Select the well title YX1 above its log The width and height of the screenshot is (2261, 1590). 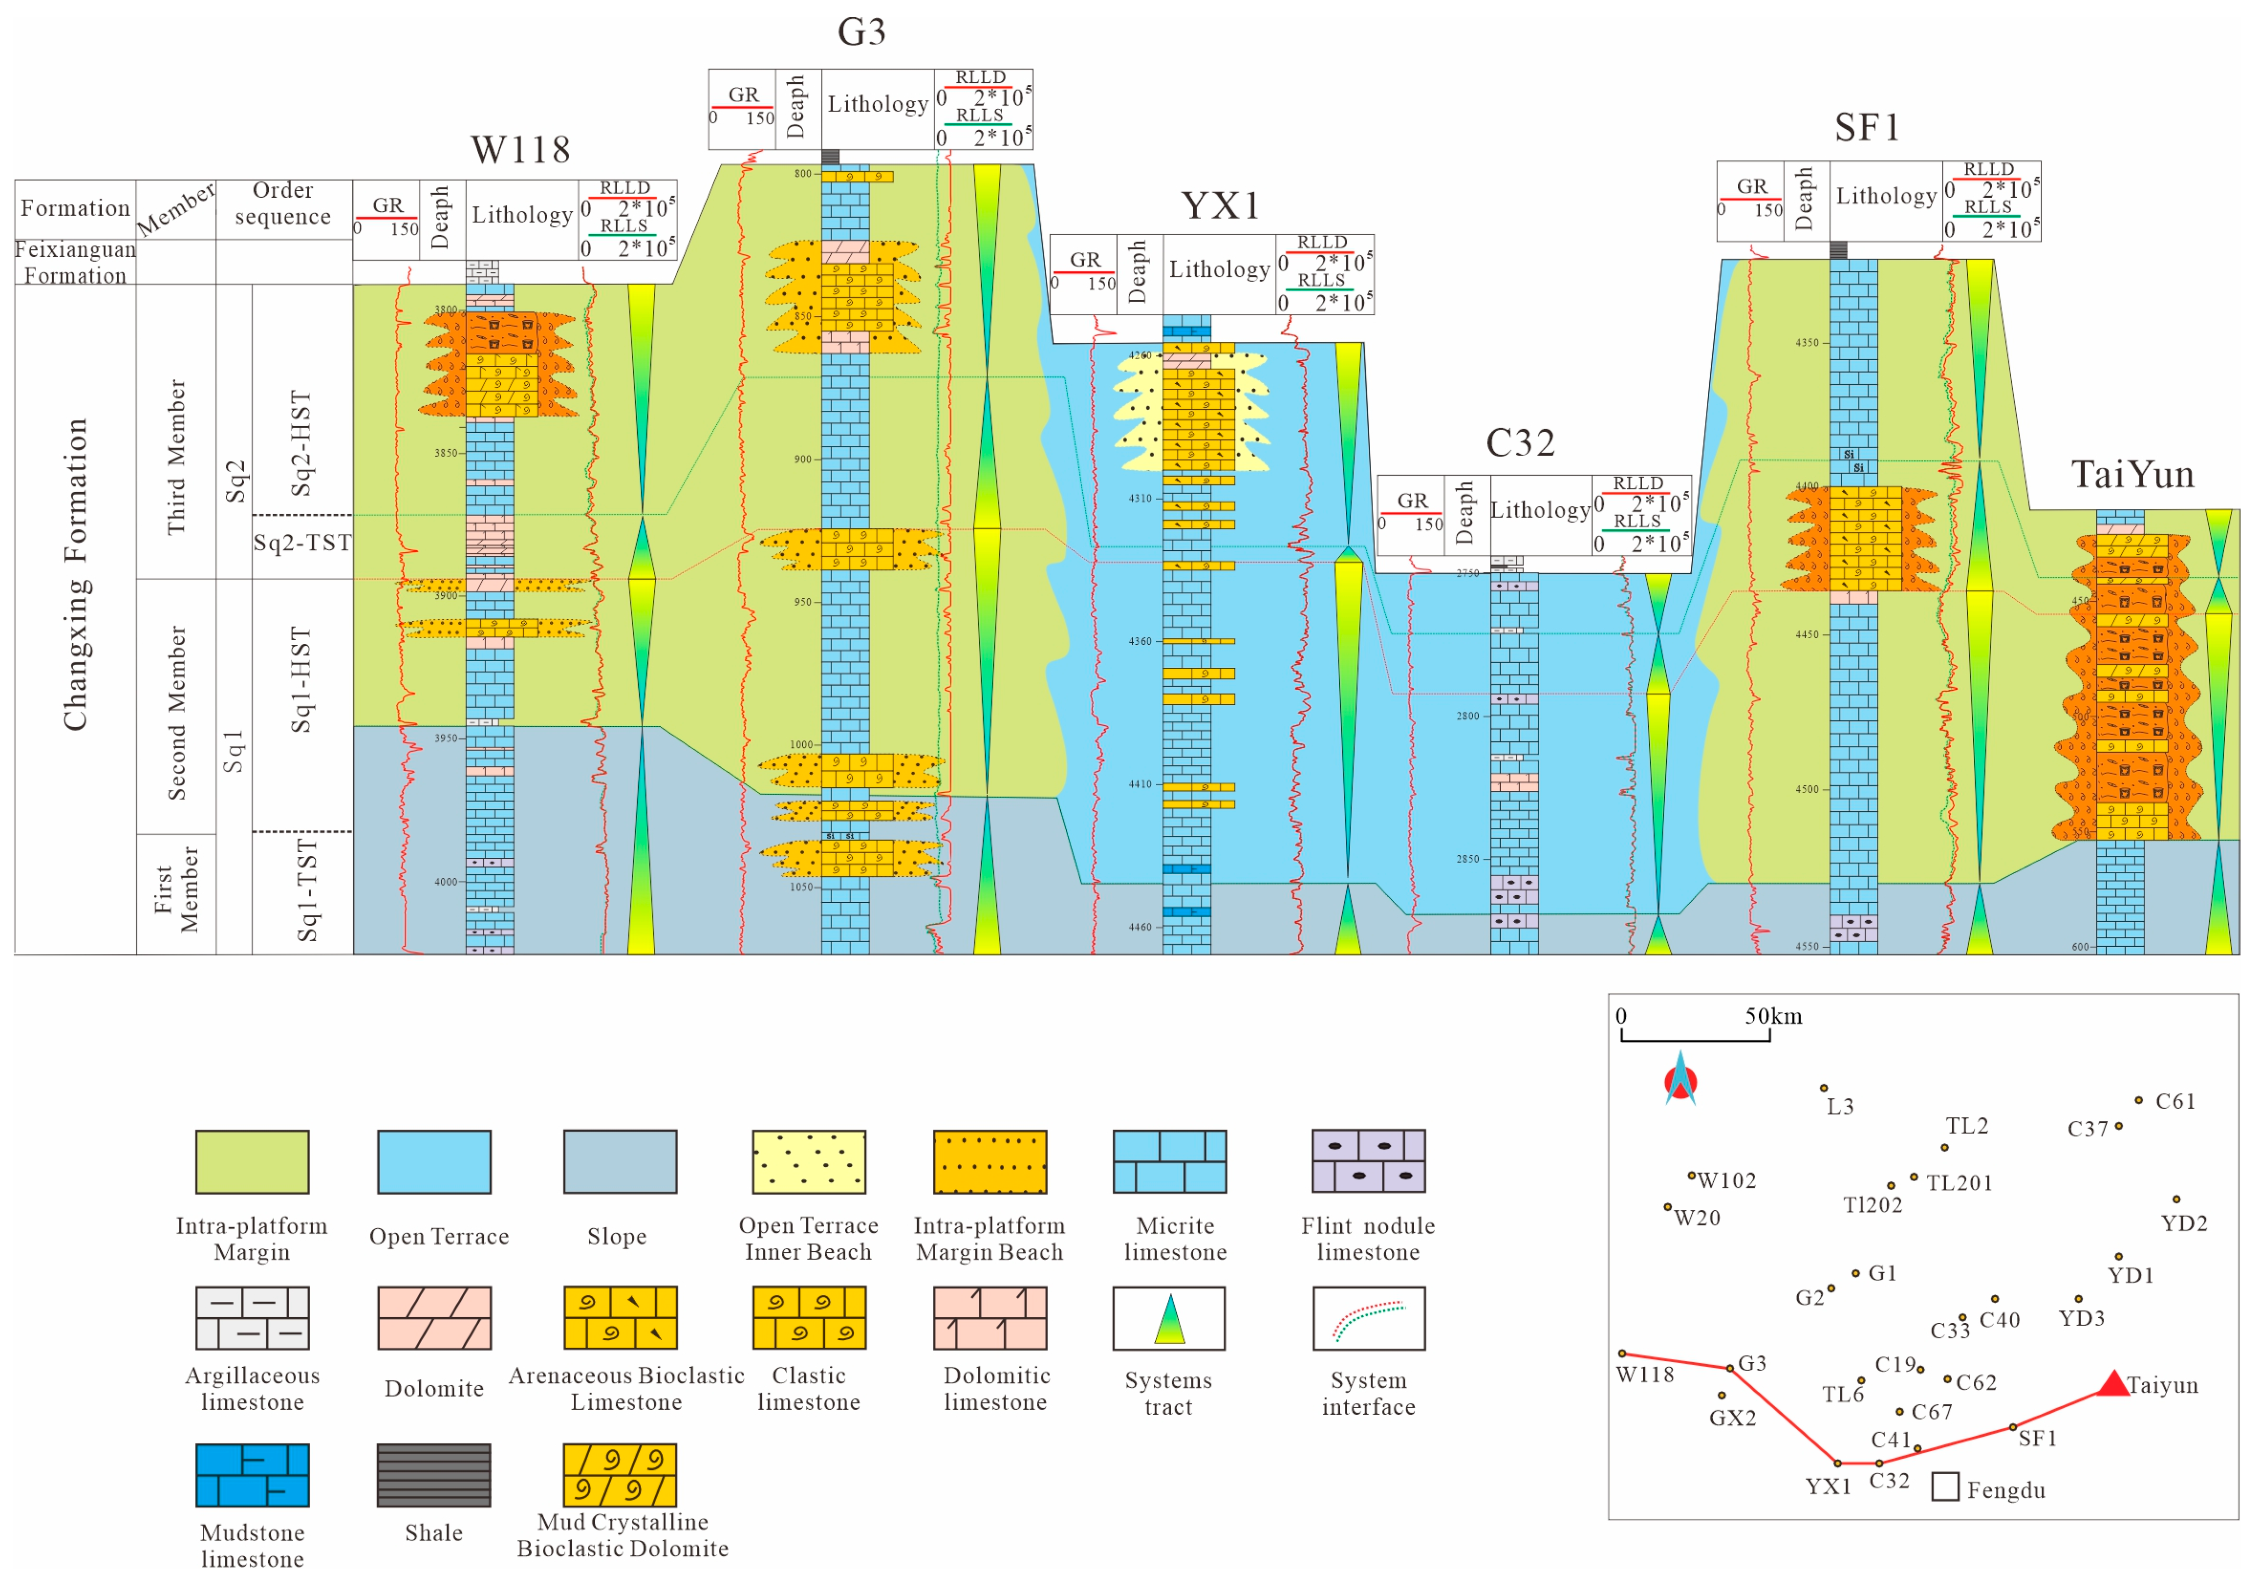(x=1220, y=206)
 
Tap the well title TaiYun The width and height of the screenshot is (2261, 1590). (x=2132, y=475)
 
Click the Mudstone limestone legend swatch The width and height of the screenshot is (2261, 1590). (x=252, y=1475)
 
